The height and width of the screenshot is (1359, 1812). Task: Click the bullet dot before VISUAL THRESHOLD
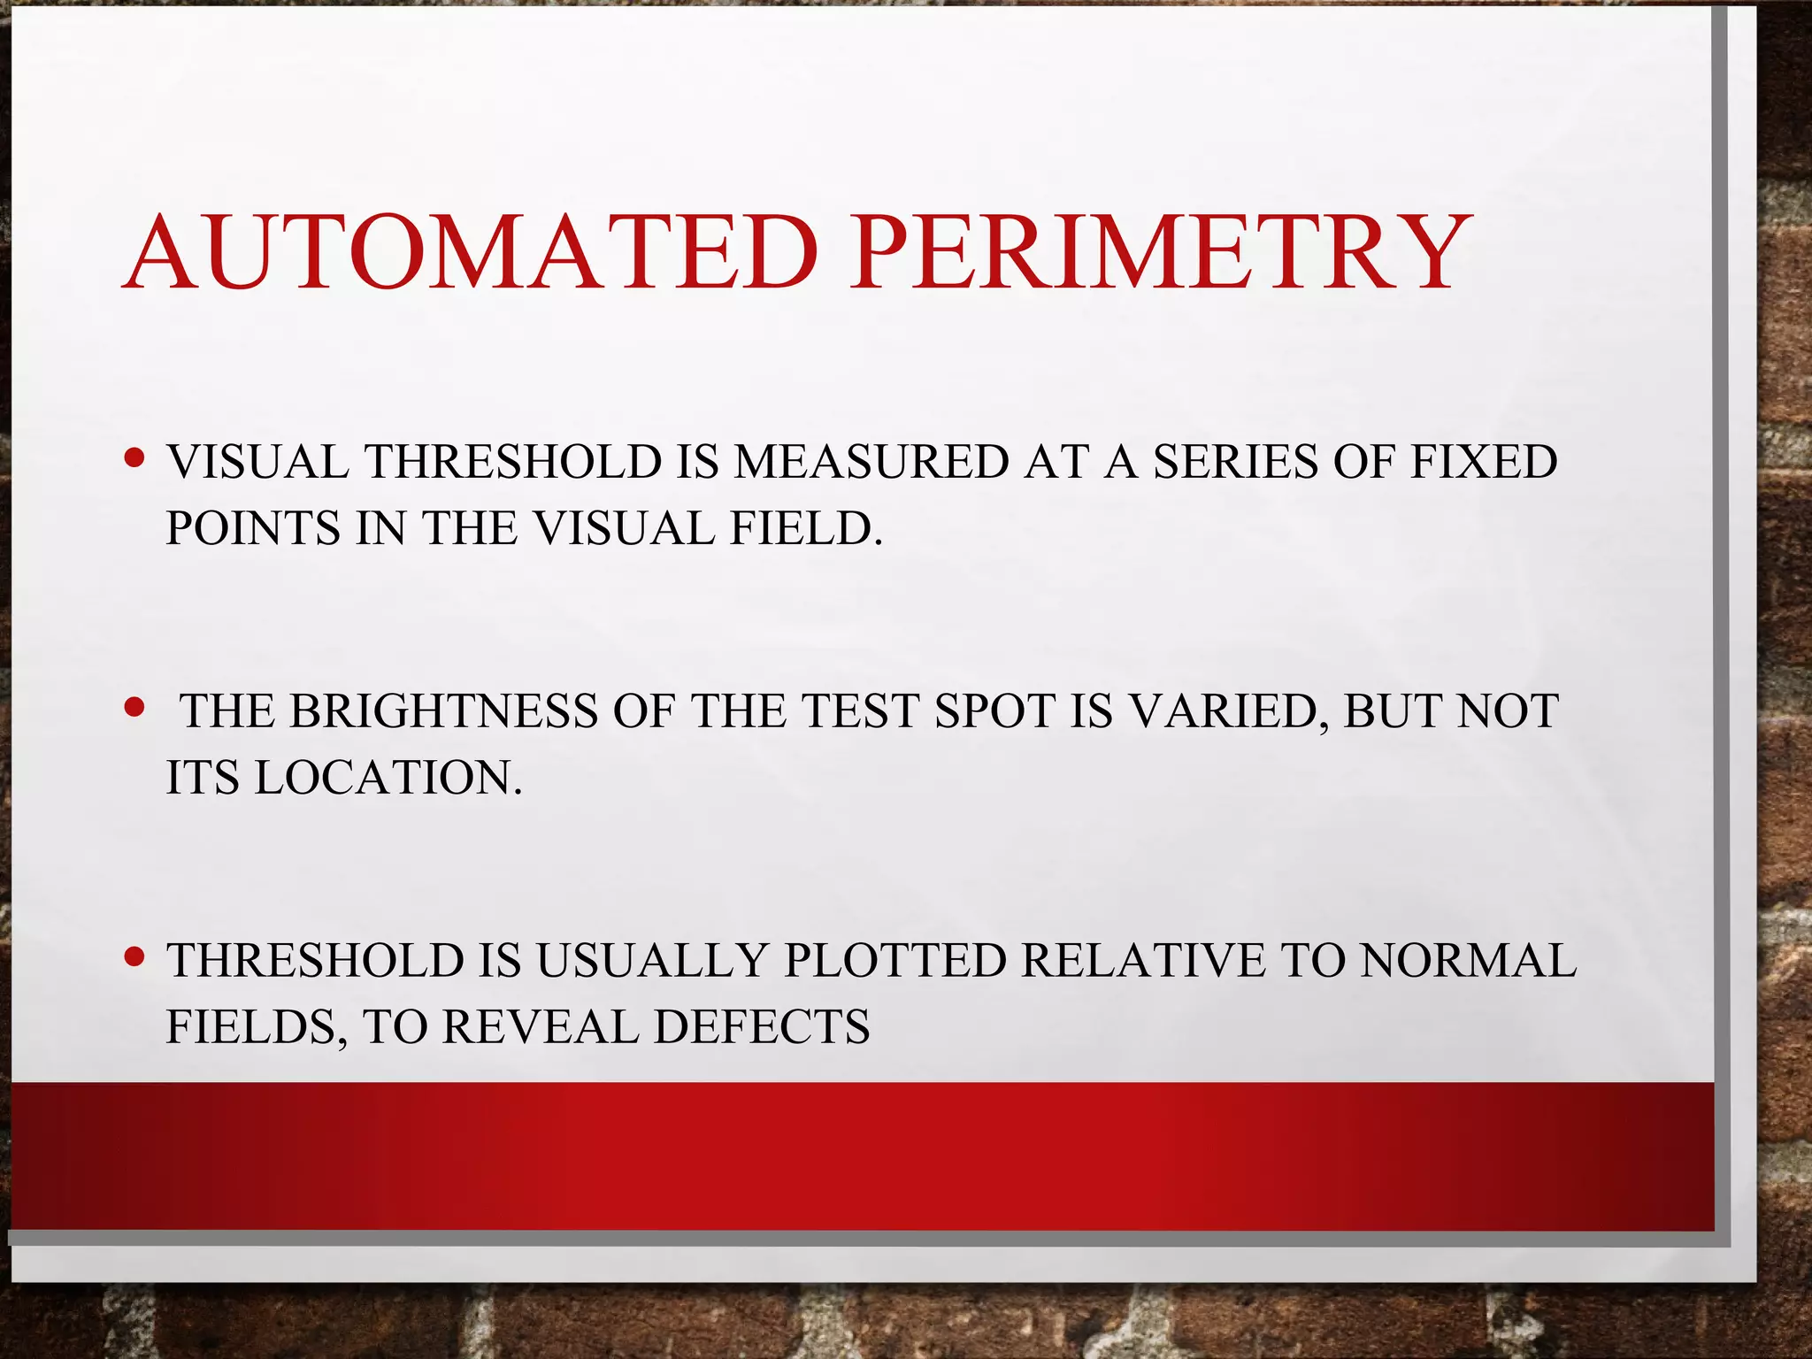[x=134, y=460]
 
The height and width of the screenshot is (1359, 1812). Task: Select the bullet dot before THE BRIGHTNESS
[x=134, y=709]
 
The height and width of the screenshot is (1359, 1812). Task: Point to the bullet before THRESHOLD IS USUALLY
[x=134, y=957]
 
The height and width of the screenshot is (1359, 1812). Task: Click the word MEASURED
[x=871, y=462]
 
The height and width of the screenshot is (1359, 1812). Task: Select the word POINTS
[x=253, y=528]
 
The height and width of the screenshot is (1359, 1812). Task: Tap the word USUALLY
[x=651, y=961]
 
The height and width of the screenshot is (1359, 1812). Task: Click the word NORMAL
[x=1468, y=961]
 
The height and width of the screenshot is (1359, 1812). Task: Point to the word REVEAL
[x=540, y=1027]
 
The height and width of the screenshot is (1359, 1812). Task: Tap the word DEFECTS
[x=762, y=1027]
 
